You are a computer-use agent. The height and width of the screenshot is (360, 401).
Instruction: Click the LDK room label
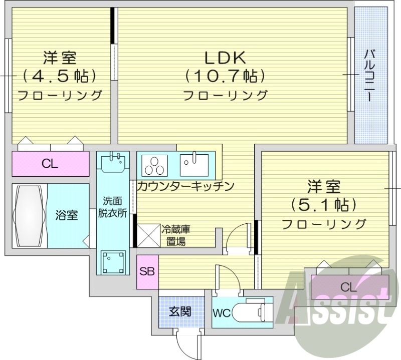224,59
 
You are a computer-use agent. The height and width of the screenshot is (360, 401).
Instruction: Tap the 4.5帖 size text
59,76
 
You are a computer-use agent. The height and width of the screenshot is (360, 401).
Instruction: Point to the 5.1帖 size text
323,205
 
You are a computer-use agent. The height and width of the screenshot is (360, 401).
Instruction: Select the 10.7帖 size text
224,76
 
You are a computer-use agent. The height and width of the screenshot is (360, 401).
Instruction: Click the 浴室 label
66,216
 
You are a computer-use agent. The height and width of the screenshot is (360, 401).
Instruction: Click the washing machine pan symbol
113,261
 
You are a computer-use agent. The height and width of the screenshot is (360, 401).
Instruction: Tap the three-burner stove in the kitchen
156,163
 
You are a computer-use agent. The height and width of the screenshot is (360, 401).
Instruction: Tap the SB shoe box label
147,272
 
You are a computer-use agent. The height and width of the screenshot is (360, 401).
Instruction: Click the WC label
222,314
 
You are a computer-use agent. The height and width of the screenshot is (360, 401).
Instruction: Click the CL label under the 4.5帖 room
50,163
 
